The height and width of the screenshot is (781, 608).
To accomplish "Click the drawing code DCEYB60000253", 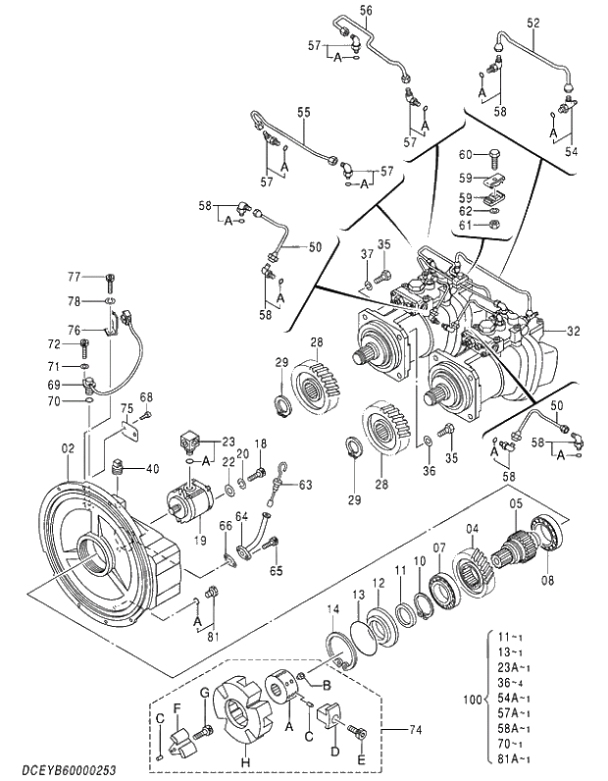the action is pos(69,770).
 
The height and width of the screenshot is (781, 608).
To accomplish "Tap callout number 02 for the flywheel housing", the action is pos(68,448).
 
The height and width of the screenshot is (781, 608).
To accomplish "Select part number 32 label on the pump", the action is pos(573,331).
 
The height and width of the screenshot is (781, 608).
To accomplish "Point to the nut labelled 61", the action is pos(493,225).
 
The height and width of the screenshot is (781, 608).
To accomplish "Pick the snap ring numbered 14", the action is pos(341,651).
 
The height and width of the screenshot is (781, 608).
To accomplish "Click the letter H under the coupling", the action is pos(245,762).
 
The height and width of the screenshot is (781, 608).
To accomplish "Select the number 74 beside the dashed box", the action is pos(415,730).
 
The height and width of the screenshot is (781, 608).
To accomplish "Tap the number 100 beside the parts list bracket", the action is pos(473,700).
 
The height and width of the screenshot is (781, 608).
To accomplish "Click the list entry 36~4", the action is pos(514,683).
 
